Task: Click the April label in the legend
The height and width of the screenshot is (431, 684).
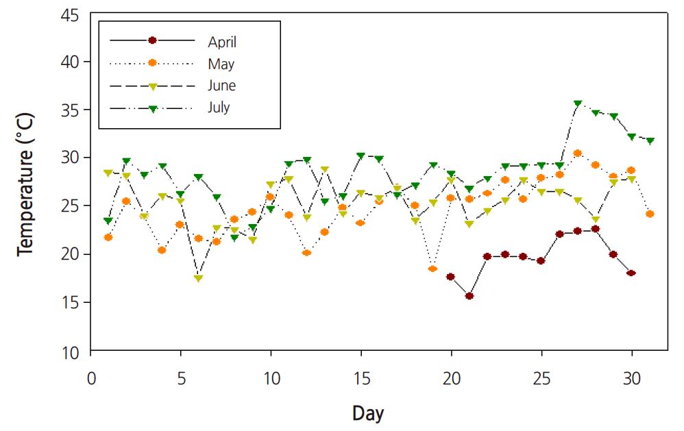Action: point(222,42)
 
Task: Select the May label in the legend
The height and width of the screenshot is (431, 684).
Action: point(221,64)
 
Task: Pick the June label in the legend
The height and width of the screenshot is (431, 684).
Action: point(221,86)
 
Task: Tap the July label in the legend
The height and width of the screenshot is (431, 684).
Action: point(219,108)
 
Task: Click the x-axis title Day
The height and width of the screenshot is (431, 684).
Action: point(368,413)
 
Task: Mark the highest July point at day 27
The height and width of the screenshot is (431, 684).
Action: point(578,104)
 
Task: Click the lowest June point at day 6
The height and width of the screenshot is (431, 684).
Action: point(199,279)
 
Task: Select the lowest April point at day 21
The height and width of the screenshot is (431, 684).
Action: point(469,296)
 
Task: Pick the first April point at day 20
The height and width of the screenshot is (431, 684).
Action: point(451,277)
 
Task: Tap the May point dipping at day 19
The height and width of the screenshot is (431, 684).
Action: point(433,269)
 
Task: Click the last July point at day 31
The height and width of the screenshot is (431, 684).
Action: point(650,141)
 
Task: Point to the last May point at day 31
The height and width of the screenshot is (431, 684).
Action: point(650,214)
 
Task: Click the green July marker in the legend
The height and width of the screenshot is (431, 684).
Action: point(153,108)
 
